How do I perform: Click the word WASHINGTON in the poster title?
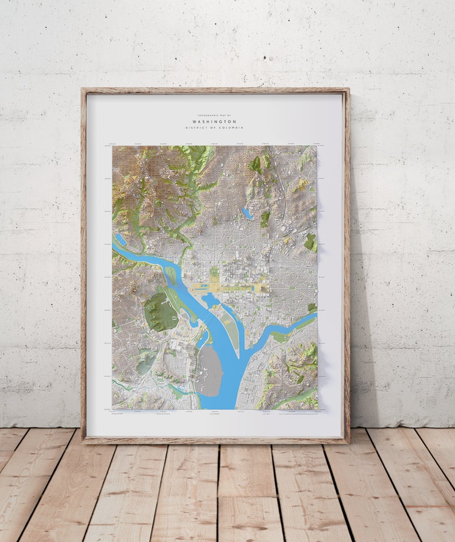point(214,122)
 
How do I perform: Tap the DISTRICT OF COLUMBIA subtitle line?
point(214,128)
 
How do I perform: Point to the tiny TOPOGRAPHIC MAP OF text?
point(214,116)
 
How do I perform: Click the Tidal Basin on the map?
point(209,299)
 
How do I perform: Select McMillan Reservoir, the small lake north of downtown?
point(247,213)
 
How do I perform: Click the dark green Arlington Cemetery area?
point(159,311)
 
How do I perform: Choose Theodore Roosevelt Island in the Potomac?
point(171,275)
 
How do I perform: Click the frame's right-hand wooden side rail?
point(346,264)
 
